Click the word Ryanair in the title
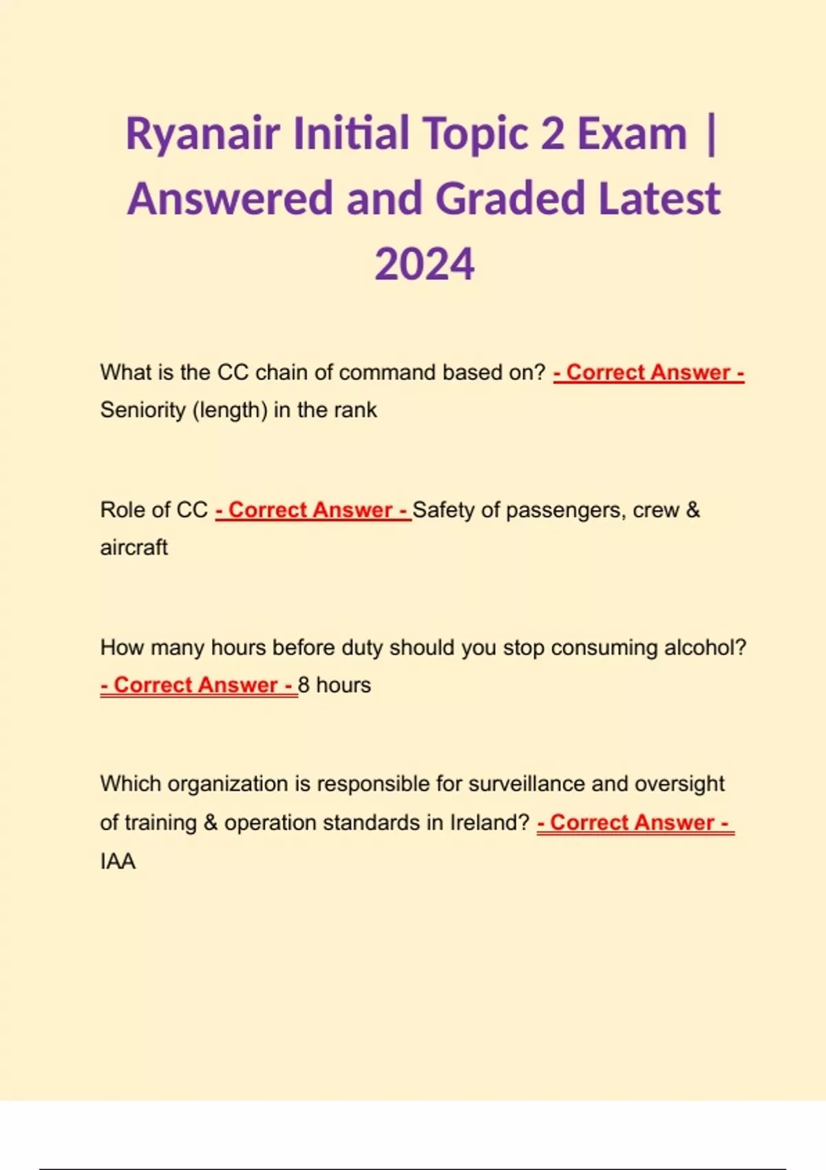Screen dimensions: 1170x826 click(x=202, y=134)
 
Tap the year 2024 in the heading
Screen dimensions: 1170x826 click(x=424, y=264)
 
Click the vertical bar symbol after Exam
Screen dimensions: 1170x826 click(x=711, y=134)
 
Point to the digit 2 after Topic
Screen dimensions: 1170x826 click(x=552, y=134)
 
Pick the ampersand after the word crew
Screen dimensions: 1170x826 click(x=692, y=510)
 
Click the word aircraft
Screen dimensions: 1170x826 click(x=134, y=548)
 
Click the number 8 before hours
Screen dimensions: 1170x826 click(x=304, y=685)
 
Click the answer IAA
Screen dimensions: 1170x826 click(x=118, y=861)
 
